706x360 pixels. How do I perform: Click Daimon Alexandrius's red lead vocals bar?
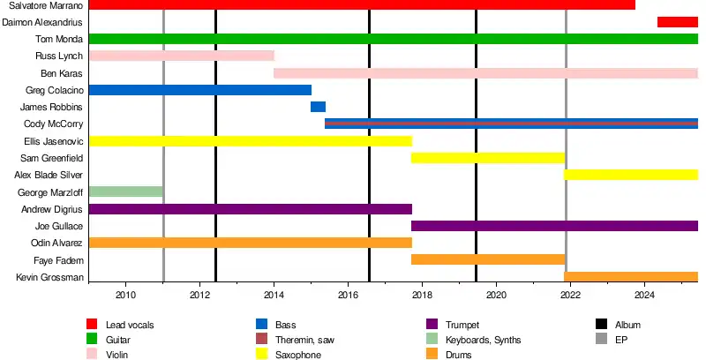[677, 22]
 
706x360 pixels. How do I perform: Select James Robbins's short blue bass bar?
[318, 107]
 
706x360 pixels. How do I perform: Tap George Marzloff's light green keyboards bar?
[126, 192]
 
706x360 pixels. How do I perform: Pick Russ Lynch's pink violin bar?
[182, 56]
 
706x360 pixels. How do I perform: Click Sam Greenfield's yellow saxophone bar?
[487, 158]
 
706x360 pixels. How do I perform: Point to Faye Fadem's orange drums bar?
[487, 259]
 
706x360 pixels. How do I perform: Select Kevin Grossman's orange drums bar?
[630, 277]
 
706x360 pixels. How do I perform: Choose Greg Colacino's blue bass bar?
[200, 90]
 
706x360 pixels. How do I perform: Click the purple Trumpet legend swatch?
[432, 325]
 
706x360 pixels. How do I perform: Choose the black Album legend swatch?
[601, 325]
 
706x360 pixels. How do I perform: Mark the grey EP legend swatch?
[601, 340]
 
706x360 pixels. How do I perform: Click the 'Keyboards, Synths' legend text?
[484, 340]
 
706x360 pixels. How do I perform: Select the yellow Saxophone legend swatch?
[260, 355]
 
